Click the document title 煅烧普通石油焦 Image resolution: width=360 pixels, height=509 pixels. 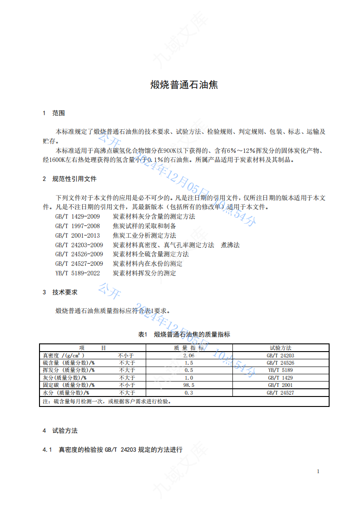click(184, 85)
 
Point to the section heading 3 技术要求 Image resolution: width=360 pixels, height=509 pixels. click(60, 292)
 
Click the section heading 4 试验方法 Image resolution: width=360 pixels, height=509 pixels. click(60, 431)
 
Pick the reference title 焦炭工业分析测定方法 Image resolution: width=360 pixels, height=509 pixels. click(144, 235)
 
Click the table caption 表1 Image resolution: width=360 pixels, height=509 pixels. click(143, 334)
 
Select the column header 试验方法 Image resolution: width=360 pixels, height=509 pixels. click(280, 348)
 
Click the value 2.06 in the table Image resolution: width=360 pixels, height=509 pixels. click(189, 356)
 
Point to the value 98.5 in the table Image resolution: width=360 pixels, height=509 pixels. click(189, 385)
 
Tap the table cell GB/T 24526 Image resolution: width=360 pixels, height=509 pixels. click(280, 363)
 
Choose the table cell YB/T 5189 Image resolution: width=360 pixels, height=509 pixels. click(280, 370)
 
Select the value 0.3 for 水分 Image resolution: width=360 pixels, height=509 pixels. click(189, 392)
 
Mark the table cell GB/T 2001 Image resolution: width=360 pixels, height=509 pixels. click(280, 385)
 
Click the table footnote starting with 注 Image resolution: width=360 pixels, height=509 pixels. click(107, 401)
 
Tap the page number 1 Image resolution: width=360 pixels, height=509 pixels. click(318, 471)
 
